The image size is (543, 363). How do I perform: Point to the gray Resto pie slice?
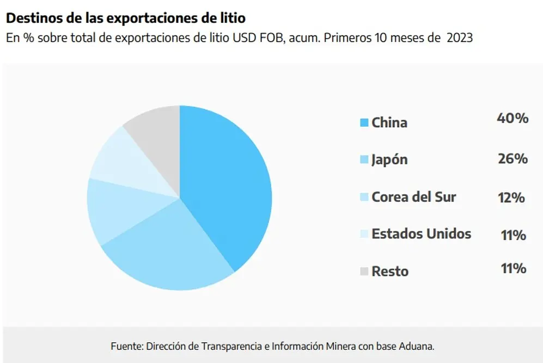click(x=159, y=138)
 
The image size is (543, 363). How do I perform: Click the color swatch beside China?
click(x=364, y=122)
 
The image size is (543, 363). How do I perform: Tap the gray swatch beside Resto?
click(x=364, y=272)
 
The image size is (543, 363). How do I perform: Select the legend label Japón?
click(x=389, y=160)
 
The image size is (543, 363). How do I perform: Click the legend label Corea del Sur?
click(x=414, y=197)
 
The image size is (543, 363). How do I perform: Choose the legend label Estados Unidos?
click(x=422, y=234)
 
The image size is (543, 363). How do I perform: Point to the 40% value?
click(x=513, y=118)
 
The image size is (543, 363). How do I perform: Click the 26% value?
click(x=513, y=158)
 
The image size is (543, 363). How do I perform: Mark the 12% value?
click(x=511, y=198)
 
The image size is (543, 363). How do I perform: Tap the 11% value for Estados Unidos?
click(x=514, y=235)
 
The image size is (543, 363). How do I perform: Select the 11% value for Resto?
click(x=514, y=268)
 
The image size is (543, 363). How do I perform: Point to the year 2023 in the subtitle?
click(x=460, y=38)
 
